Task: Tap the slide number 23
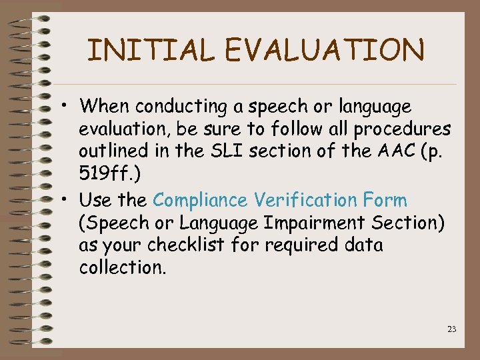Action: pyautogui.click(x=452, y=329)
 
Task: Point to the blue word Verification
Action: pyautogui.click(x=308, y=199)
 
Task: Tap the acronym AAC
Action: pyautogui.click(x=400, y=151)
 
